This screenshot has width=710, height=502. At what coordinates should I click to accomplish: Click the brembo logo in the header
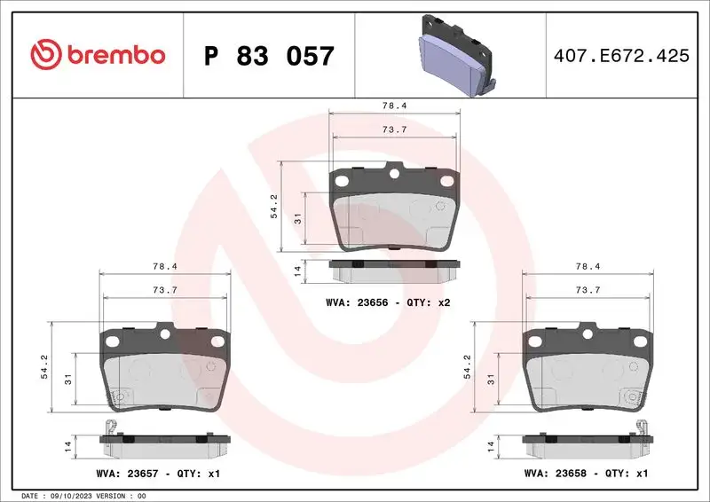pyautogui.click(x=98, y=55)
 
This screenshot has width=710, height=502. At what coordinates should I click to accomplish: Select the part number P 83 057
pyautogui.click(x=269, y=56)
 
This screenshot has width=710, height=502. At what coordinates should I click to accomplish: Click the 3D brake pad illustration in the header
pyautogui.click(x=454, y=55)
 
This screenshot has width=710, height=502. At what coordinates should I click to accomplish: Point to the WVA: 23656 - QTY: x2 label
pyautogui.click(x=389, y=303)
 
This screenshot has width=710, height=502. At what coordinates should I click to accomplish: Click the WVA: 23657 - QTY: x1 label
pyautogui.click(x=157, y=475)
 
